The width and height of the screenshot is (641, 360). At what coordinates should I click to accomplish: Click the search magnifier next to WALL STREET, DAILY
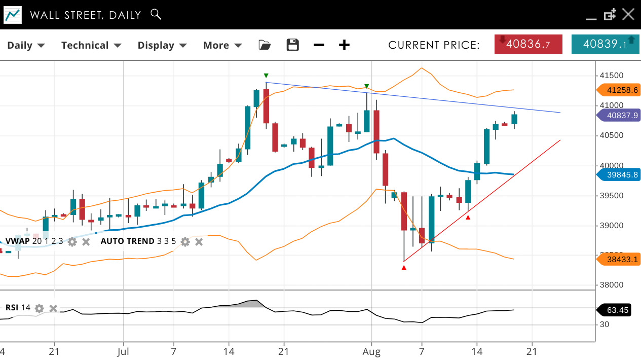156,14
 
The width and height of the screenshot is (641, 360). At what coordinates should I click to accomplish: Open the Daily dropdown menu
26,45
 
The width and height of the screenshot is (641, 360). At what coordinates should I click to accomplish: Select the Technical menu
91,45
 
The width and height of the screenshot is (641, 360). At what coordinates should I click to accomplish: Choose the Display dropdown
162,45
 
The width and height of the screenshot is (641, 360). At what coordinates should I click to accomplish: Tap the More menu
222,45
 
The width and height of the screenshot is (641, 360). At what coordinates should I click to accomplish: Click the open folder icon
265,45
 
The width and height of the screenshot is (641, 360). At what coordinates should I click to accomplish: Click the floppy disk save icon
293,45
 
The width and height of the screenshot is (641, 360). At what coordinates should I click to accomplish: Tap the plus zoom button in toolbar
344,45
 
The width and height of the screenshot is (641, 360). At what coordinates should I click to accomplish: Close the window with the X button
628,14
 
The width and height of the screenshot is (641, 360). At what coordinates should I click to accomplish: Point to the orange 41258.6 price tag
618,90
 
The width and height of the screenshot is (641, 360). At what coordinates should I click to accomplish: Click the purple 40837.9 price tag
618,115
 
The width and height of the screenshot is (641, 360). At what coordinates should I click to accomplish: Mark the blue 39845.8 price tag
618,175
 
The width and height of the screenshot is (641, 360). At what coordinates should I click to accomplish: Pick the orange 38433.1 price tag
618,260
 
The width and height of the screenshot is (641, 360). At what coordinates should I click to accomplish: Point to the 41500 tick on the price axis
611,76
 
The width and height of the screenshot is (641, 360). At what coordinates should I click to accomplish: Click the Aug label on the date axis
372,351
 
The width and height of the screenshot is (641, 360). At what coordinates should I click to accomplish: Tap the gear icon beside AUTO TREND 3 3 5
185,242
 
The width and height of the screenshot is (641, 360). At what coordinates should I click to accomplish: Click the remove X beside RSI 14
53,308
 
